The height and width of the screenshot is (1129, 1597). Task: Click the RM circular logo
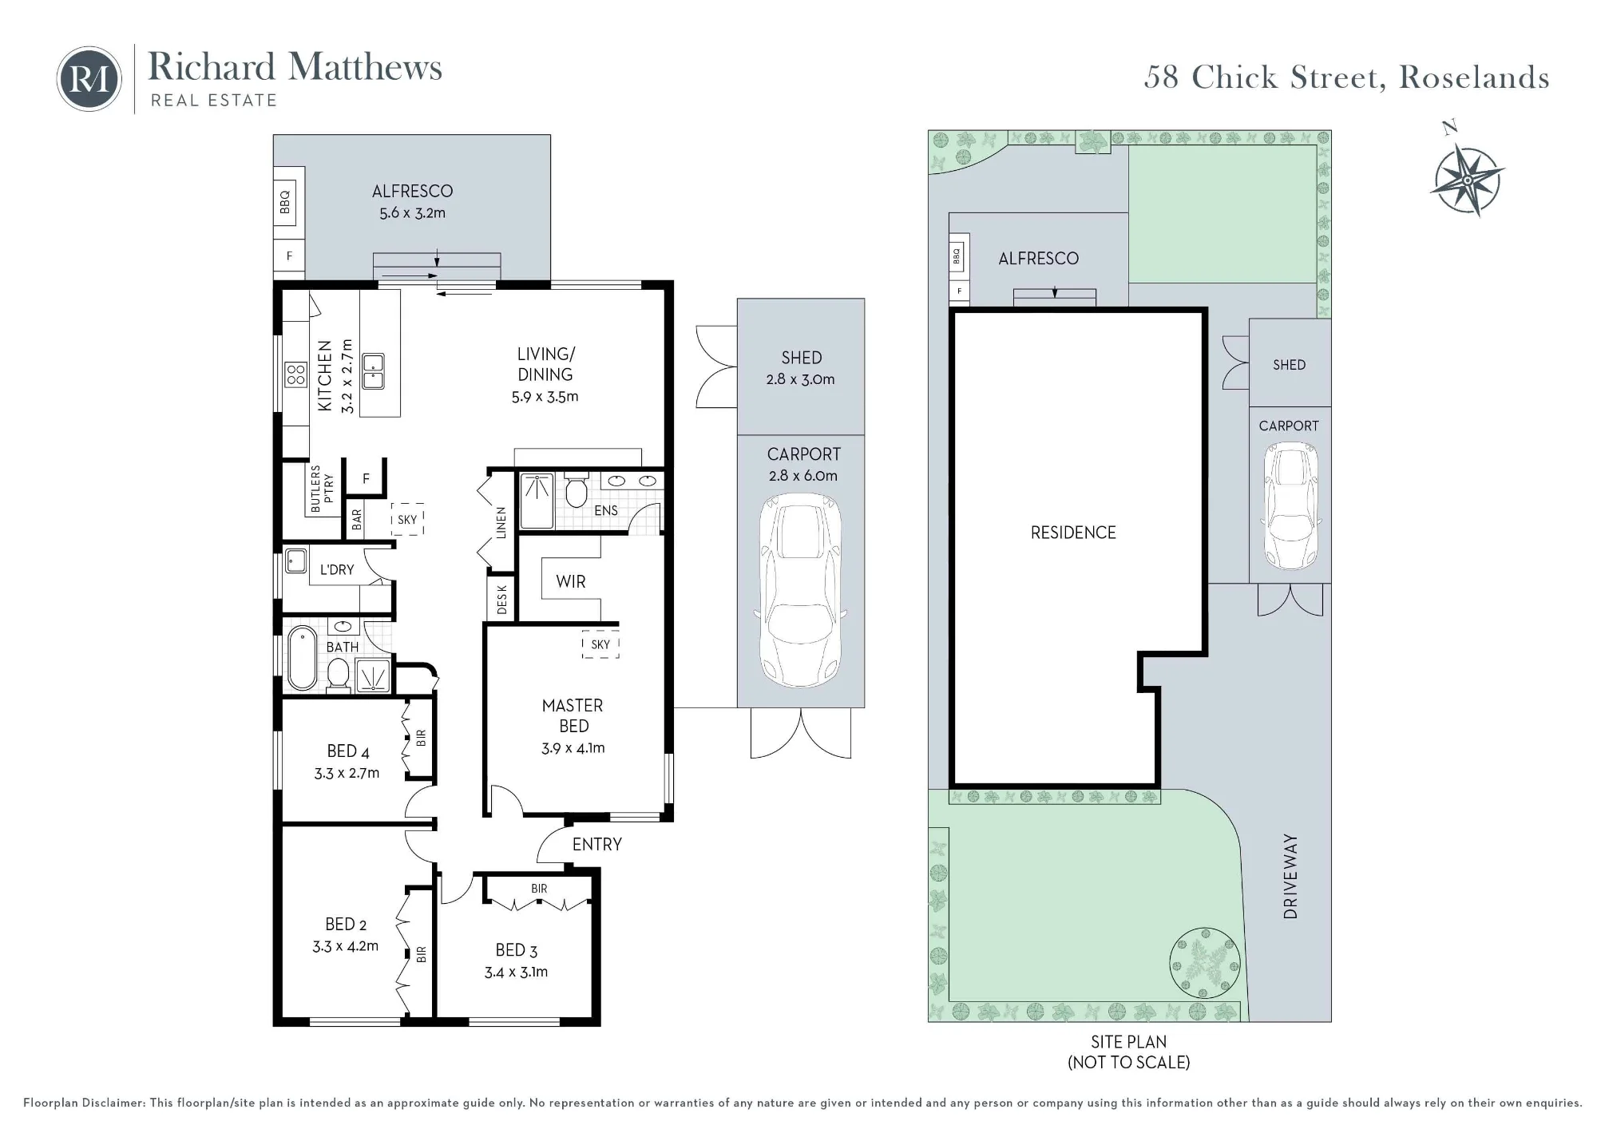(x=89, y=78)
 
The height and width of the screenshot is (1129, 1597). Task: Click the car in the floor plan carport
(x=800, y=589)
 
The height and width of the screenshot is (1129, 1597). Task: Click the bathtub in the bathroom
(x=303, y=658)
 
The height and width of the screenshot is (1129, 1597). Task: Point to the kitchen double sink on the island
(x=373, y=371)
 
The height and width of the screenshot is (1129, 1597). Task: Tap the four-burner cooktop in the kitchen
(x=295, y=374)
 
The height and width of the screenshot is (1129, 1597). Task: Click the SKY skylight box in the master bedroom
(x=600, y=644)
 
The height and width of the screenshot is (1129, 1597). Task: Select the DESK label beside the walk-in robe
(x=501, y=599)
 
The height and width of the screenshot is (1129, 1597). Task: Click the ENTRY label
(x=597, y=845)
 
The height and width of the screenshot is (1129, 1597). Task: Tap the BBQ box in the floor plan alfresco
(x=285, y=201)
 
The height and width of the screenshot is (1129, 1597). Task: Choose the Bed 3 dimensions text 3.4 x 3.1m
(x=516, y=972)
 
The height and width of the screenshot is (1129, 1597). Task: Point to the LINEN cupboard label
(x=501, y=522)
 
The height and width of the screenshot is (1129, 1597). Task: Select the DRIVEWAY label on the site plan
(x=1290, y=877)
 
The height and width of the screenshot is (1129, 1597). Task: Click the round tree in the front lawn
(x=1205, y=963)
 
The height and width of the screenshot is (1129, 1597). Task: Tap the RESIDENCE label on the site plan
(x=1073, y=533)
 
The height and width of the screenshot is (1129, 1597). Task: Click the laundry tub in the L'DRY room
(x=295, y=561)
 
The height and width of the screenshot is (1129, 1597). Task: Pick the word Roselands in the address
(x=1474, y=77)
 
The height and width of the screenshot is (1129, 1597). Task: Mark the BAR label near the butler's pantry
(x=357, y=520)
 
